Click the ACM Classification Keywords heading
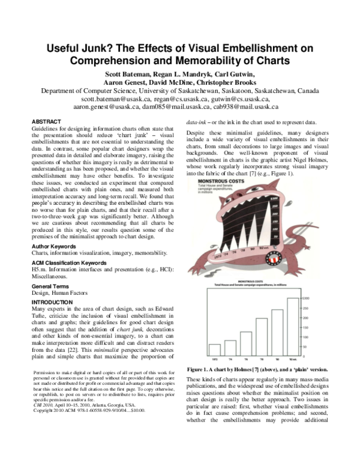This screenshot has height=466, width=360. point(73,262)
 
